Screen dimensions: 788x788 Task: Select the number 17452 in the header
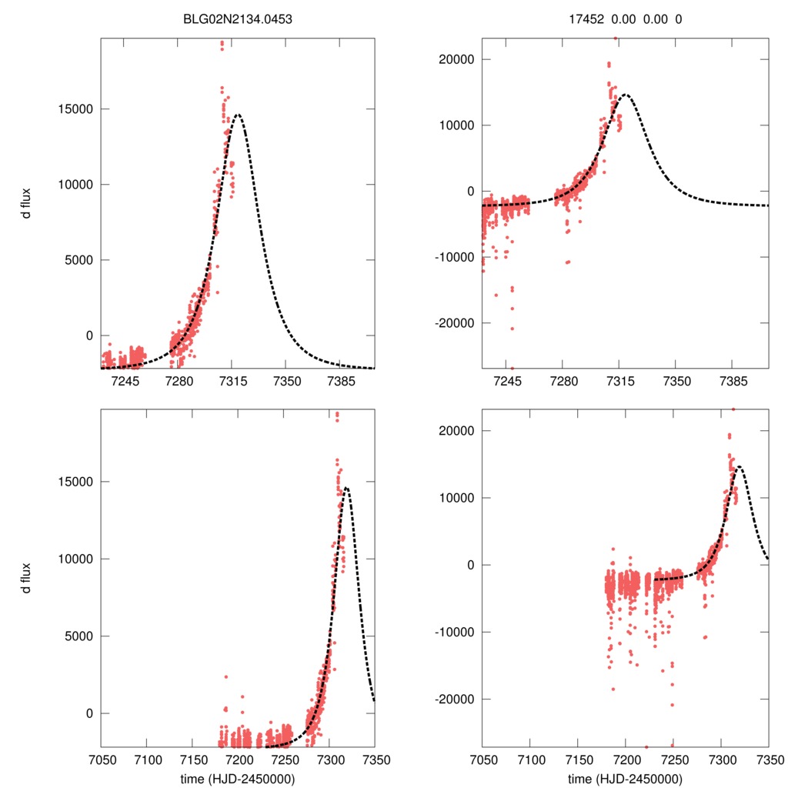pos(577,21)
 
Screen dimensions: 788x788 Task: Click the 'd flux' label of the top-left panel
pos(26,203)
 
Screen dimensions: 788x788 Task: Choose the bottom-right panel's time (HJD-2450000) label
pos(625,778)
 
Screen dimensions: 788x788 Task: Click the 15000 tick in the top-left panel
pos(77,109)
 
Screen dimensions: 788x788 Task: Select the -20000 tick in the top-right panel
pos(456,322)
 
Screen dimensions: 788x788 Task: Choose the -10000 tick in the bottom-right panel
pos(456,632)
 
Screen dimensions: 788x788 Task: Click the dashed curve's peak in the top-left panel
pos(237,115)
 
